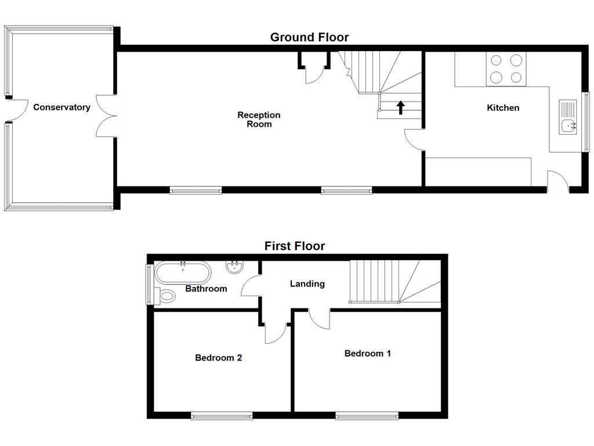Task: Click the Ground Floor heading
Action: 309,38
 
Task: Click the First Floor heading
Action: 295,246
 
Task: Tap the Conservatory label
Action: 61,107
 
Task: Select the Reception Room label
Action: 259,120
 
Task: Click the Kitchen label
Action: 503,108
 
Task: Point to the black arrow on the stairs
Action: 400,107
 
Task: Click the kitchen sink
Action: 568,117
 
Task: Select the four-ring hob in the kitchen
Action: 506,69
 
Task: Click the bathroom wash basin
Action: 234,268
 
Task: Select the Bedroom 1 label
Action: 367,354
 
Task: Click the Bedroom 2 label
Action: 218,358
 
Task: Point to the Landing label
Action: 307,284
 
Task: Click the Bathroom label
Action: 206,289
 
